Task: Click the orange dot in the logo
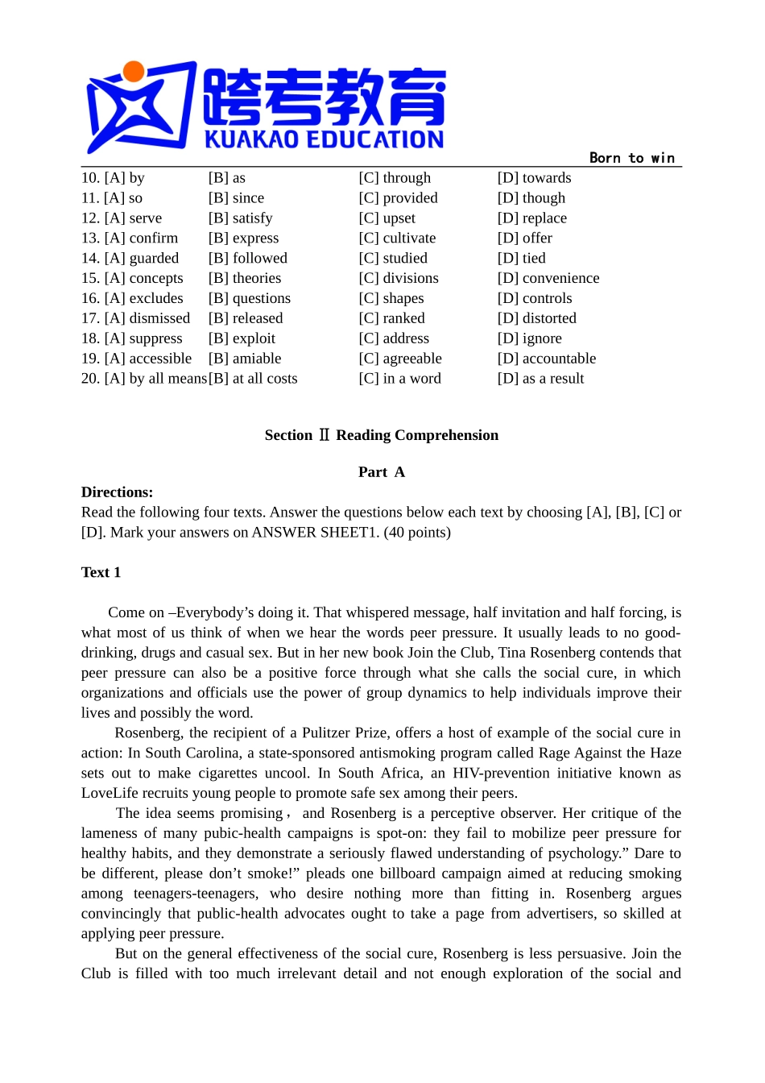pos(134,72)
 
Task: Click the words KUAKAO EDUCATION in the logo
pos(324,139)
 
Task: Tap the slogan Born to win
pos(632,158)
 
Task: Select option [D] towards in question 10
pos(534,178)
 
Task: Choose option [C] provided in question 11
pos(398,198)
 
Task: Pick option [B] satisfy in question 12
pos(240,218)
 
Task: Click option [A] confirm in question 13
pos(130,239)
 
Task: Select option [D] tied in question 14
pos(521,259)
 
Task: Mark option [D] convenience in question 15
pos(548,278)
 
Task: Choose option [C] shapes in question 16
pos(391,298)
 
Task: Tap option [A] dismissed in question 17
pos(136,318)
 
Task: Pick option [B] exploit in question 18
pos(242,338)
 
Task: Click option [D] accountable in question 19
pos(546,359)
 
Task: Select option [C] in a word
pos(399,379)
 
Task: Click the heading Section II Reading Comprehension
pos(382,435)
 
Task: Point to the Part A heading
pos(382,472)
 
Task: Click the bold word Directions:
pos(117,492)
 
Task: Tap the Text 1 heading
pos(101,572)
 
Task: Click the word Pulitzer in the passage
pos(326,733)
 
